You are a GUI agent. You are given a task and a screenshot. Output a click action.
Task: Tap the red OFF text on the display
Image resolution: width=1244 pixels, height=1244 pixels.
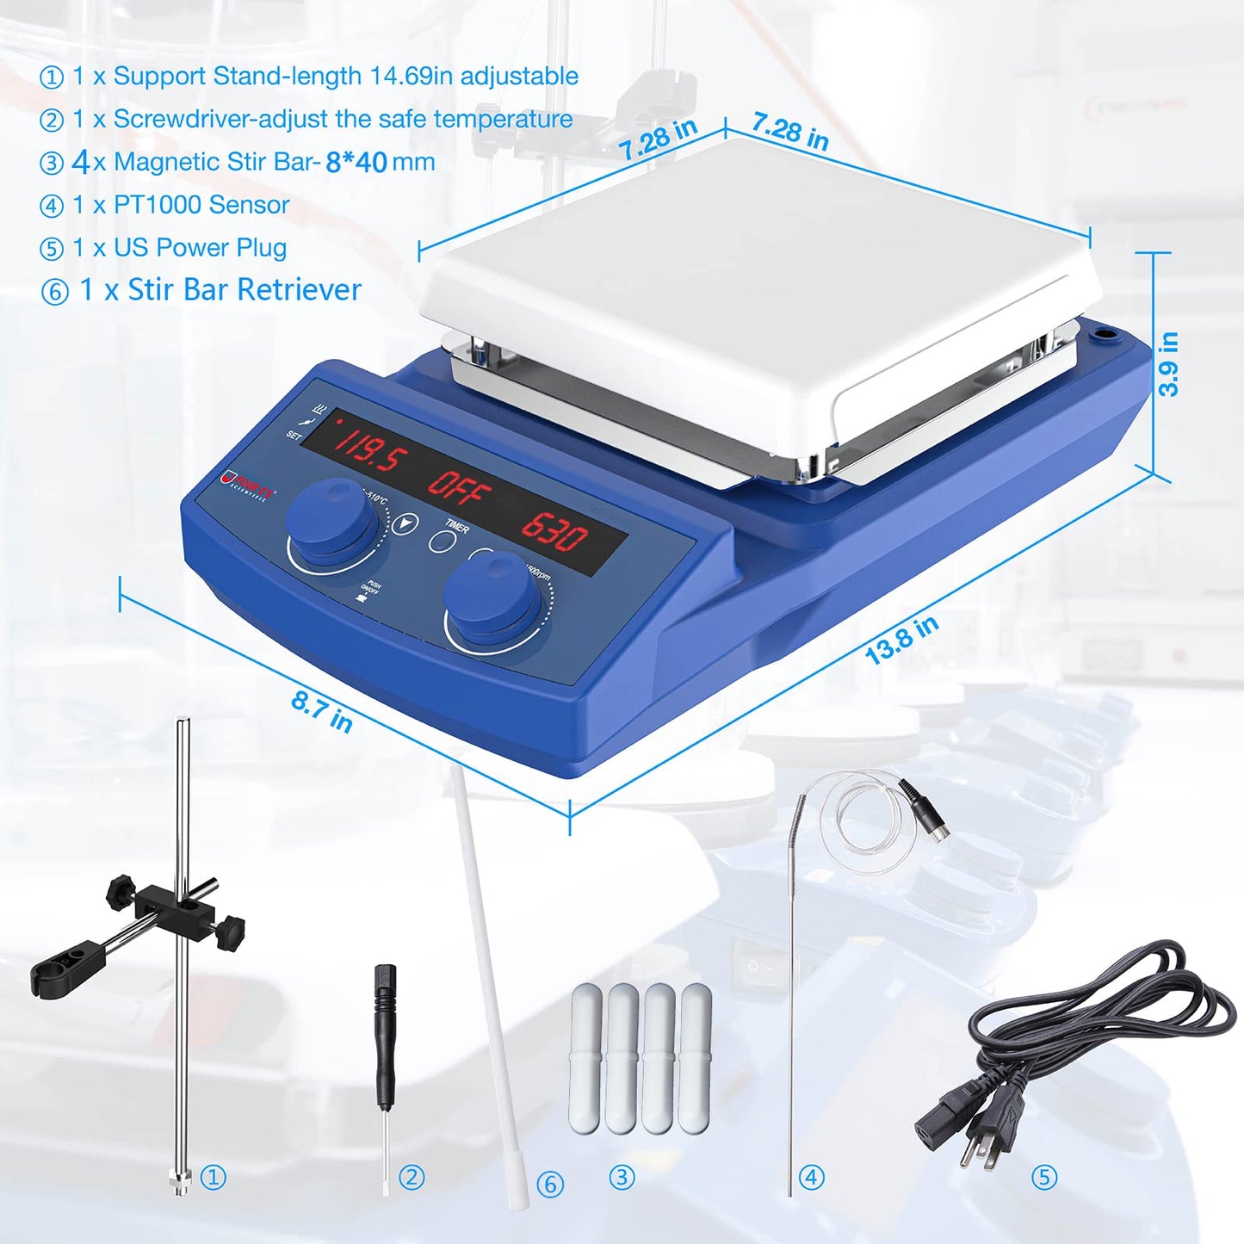(x=460, y=488)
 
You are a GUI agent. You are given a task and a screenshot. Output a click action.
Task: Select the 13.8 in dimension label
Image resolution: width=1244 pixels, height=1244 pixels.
(x=901, y=640)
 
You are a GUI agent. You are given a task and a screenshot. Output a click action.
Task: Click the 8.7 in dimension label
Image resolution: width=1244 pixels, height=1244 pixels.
(x=322, y=711)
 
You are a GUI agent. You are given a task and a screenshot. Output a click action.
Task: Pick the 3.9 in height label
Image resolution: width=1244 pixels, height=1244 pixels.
(x=1168, y=364)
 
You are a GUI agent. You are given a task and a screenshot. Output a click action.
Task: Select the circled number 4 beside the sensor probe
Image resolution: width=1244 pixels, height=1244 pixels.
(x=811, y=1177)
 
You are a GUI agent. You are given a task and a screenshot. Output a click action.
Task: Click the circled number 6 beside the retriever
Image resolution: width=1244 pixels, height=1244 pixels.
(x=550, y=1184)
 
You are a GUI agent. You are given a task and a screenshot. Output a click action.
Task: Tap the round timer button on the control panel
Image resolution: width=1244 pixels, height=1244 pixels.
(x=443, y=542)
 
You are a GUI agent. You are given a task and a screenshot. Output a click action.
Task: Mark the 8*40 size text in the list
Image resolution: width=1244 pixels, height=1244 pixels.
(x=356, y=162)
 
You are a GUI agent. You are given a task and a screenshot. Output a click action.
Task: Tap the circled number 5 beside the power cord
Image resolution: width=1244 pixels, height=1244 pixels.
(x=1043, y=1177)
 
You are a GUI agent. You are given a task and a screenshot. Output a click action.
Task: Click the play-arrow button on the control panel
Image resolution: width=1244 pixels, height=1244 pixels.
(x=405, y=523)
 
